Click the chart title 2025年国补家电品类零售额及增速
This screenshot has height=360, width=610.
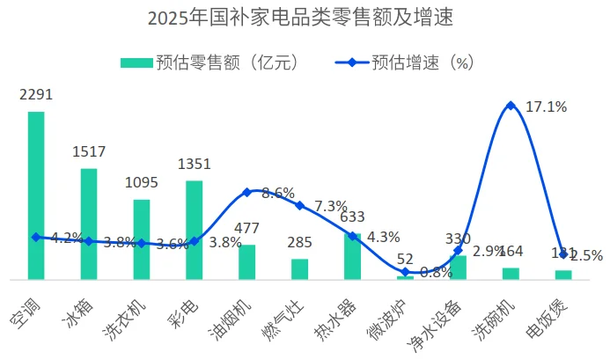[x=305, y=18]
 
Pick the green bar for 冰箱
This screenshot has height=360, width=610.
[x=89, y=224]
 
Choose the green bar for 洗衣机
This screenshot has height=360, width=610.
[x=142, y=239]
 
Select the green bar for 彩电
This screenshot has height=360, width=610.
[x=194, y=230]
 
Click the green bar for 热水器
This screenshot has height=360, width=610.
[x=352, y=256]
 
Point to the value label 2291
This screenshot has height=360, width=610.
[x=35, y=95]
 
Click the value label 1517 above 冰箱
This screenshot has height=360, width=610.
[x=89, y=151]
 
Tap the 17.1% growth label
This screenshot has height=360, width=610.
[x=546, y=107]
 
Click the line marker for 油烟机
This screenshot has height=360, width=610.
[x=247, y=192]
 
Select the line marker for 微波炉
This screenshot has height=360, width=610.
[x=405, y=272]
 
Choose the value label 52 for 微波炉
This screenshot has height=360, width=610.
[x=405, y=259]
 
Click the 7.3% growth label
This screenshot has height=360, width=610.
[x=331, y=206]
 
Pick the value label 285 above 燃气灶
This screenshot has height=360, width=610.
[x=299, y=241]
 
